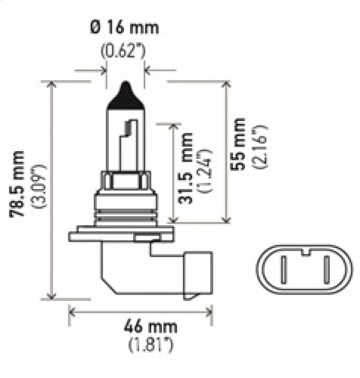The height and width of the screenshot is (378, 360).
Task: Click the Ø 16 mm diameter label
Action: (125, 28)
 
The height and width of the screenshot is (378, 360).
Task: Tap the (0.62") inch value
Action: (122, 50)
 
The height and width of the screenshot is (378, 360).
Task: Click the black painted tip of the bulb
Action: (126, 96)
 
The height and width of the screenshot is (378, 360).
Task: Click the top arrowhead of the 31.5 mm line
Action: (173, 126)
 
